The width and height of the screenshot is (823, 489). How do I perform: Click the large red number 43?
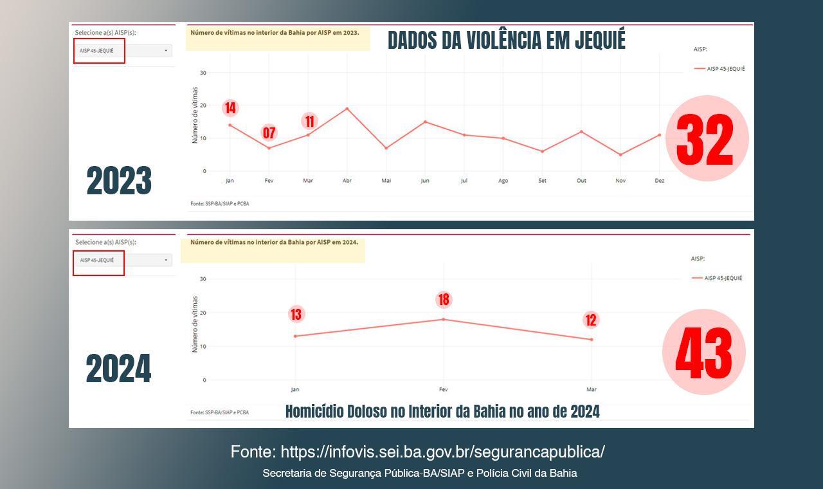click(x=703, y=353)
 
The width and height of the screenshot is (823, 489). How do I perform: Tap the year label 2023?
click(x=119, y=181)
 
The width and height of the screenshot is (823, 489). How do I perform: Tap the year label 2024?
click(x=118, y=369)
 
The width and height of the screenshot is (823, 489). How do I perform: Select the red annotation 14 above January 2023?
click(x=230, y=108)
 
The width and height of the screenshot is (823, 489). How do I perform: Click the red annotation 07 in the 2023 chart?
click(x=269, y=133)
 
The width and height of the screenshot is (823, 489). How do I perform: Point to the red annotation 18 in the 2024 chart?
click(x=443, y=300)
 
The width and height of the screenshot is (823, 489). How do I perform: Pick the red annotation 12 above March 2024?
click(x=591, y=320)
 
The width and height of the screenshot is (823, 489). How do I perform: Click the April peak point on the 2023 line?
click(x=347, y=109)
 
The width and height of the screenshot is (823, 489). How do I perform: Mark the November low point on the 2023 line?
click(x=620, y=155)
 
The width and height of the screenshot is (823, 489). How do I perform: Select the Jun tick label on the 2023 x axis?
click(x=425, y=181)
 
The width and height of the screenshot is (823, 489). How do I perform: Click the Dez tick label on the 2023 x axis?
click(x=659, y=181)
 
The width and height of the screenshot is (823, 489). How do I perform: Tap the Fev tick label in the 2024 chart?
click(x=443, y=390)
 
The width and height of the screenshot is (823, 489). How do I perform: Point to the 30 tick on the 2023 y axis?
click(x=203, y=73)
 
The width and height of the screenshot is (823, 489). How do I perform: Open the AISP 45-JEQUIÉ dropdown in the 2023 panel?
click(x=123, y=50)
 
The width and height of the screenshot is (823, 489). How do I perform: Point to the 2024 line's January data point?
click(x=295, y=336)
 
